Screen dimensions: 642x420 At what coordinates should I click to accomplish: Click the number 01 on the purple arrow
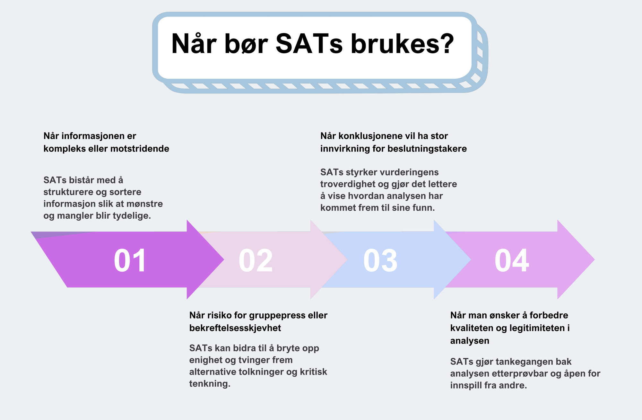pyautogui.click(x=130, y=260)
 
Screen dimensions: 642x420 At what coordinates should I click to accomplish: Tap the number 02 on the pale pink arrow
pyautogui.click(x=256, y=260)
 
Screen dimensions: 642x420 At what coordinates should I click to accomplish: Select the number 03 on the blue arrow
pyautogui.click(x=380, y=260)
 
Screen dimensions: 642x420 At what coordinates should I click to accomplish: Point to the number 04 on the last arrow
pyautogui.click(x=512, y=260)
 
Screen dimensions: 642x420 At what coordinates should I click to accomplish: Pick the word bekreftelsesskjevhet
pyautogui.click(x=235, y=328)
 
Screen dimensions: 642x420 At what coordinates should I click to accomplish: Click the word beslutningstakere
pyautogui.click(x=427, y=149)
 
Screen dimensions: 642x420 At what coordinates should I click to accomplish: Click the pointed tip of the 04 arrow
pyautogui.click(x=594, y=259)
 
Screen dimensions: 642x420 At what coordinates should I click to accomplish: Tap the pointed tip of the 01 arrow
pyautogui.click(x=224, y=259)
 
